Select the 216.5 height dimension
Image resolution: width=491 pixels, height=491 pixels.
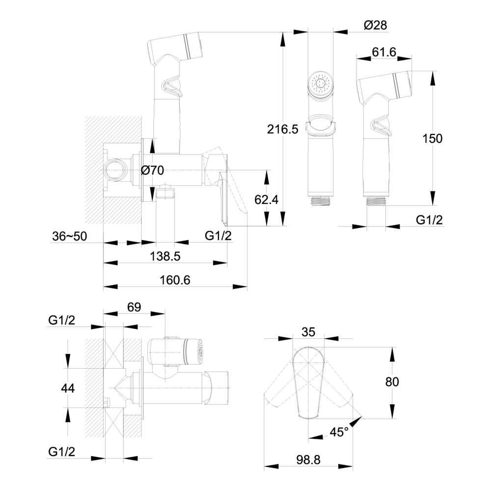(283, 129)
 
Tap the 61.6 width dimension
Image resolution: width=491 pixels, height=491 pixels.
(384, 53)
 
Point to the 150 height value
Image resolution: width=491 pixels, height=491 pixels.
(433, 138)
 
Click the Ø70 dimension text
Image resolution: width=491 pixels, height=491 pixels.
(152, 170)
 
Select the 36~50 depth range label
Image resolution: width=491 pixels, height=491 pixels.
(69, 236)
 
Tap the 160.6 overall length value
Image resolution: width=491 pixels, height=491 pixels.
(175, 279)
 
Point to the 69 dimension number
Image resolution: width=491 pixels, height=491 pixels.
(134, 307)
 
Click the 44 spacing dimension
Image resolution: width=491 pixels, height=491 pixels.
(67, 388)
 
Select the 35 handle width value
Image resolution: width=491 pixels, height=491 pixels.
(308, 332)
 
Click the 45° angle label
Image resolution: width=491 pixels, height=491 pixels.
(339, 433)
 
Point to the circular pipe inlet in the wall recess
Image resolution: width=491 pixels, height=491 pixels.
(115, 171)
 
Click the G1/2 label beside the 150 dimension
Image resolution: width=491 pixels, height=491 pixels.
(429, 219)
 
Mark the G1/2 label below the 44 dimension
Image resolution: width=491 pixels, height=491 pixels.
(62, 452)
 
